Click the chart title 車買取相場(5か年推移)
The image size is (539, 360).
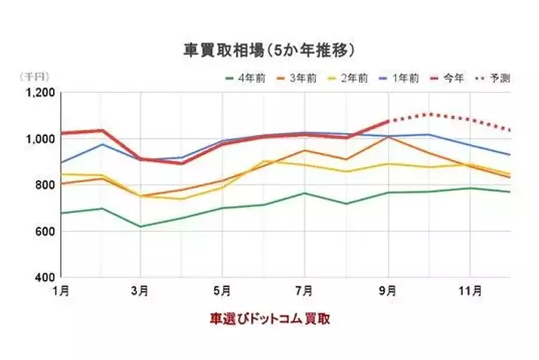pyautogui.click(x=269, y=51)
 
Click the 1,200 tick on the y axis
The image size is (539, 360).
pyautogui.click(x=39, y=93)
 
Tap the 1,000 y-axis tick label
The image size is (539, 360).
pyautogui.click(x=39, y=139)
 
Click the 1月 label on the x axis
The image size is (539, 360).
pyautogui.click(x=61, y=290)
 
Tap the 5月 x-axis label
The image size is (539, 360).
pyautogui.click(x=222, y=290)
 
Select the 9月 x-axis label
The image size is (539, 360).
pyautogui.click(x=388, y=290)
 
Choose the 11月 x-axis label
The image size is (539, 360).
pyautogui.click(x=471, y=290)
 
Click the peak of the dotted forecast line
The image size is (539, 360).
pyautogui.click(x=429, y=114)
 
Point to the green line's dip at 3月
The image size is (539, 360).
pyautogui.click(x=140, y=226)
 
